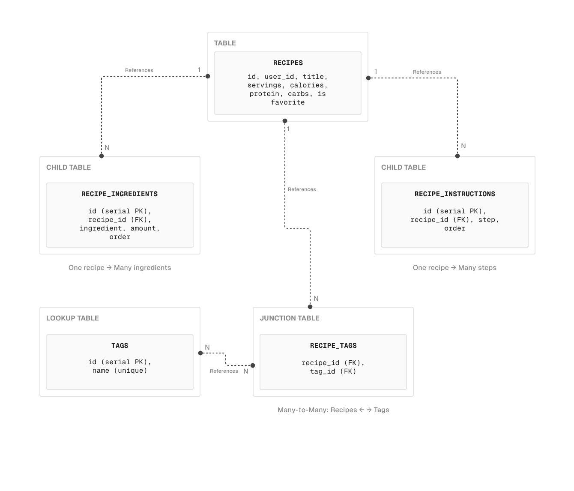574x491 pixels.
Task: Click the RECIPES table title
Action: (x=288, y=63)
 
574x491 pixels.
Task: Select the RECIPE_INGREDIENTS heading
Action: (x=120, y=194)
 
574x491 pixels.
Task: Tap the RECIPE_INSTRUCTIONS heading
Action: (x=454, y=194)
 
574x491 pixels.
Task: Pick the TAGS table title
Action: (x=120, y=346)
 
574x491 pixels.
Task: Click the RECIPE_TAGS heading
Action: (x=333, y=346)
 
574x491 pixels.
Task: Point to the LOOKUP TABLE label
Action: (x=72, y=318)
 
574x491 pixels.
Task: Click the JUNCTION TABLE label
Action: (x=290, y=318)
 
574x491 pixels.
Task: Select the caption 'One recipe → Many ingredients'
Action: (x=120, y=268)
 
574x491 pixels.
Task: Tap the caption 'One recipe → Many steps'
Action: (x=454, y=268)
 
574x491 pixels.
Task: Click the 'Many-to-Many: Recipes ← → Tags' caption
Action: (x=333, y=410)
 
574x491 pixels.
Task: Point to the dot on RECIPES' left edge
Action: (x=208, y=76)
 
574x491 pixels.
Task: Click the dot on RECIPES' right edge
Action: (x=368, y=78)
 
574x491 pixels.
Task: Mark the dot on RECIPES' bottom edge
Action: (x=285, y=121)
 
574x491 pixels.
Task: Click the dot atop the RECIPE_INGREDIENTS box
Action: (x=102, y=156)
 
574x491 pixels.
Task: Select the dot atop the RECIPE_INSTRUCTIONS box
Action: (x=457, y=156)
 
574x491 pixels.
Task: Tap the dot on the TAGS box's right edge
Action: (x=200, y=353)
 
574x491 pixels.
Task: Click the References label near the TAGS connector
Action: (x=224, y=371)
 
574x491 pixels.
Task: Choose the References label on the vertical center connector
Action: (x=302, y=189)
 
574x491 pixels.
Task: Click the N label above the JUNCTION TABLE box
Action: (x=316, y=299)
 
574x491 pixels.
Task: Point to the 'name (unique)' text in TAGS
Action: (x=120, y=371)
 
